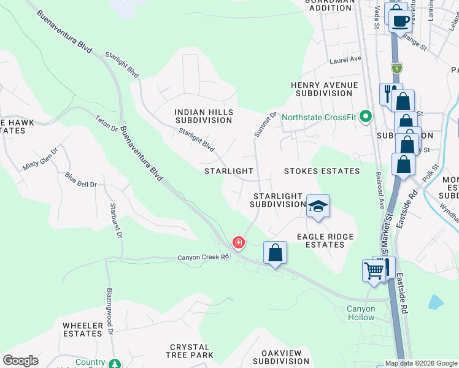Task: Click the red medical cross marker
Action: point(238,243)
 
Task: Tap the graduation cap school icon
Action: point(318,206)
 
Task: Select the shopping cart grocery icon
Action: point(374,270)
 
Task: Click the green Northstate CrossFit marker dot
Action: point(366,116)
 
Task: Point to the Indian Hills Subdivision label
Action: point(204,116)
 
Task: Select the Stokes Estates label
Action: point(322,171)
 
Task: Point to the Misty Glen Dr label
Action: point(40,158)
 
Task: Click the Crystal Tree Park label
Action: point(190,351)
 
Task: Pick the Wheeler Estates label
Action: point(82,329)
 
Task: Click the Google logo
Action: point(20,361)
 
